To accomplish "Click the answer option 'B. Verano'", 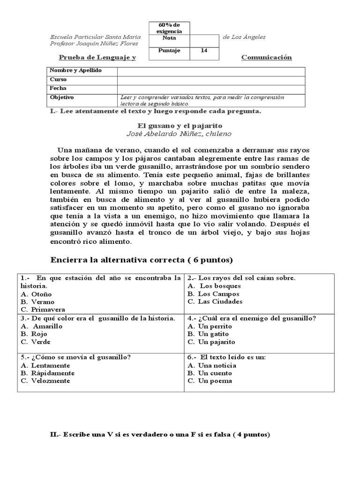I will click(x=38, y=302).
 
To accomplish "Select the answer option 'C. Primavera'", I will click(x=43, y=310).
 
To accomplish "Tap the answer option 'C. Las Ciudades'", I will click(x=215, y=302).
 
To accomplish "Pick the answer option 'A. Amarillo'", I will click(x=42, y=326).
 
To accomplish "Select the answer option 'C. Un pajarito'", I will click(x=211, y=342).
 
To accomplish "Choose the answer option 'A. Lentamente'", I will click(x=45, y=366).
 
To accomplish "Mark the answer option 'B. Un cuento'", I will click(x=210, y=374).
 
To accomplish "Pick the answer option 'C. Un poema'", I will click(x=210, y=381).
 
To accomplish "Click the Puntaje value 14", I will click(x=204, y=51).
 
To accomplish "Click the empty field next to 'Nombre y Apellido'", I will click(x=211, y=71).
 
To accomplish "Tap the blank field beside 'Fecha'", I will click(x=211, y=88).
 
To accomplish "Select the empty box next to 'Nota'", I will click(x=204, y=39).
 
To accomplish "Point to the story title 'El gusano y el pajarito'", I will click(x=180, y=126).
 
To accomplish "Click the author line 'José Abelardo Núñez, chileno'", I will click(x=180, y=134).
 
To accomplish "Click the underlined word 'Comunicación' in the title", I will click(x=266, y=58).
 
